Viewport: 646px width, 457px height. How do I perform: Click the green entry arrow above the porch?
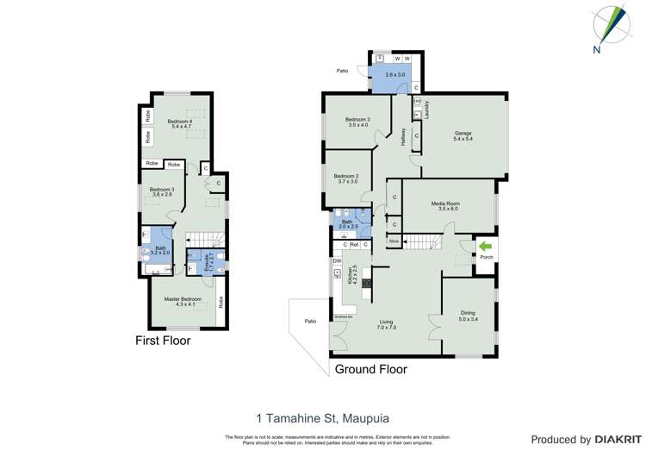(x=486, y=246)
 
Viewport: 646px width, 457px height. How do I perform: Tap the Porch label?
(x=486, y=257)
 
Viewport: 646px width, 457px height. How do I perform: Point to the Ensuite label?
(x=208, y=256)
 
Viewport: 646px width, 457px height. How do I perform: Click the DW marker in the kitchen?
(x=337, y=260)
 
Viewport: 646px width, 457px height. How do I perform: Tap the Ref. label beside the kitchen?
(x=355, y=245)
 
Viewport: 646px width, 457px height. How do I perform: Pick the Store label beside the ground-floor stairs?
(x=394, y=242)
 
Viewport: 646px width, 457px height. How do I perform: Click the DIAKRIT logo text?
(x=614, y=440)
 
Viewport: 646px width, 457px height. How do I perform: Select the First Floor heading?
(x=163, y=341)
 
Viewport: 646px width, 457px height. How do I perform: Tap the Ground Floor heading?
(x=370, y=369)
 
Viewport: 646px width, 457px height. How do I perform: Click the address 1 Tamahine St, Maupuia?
(x=324, y=418)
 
